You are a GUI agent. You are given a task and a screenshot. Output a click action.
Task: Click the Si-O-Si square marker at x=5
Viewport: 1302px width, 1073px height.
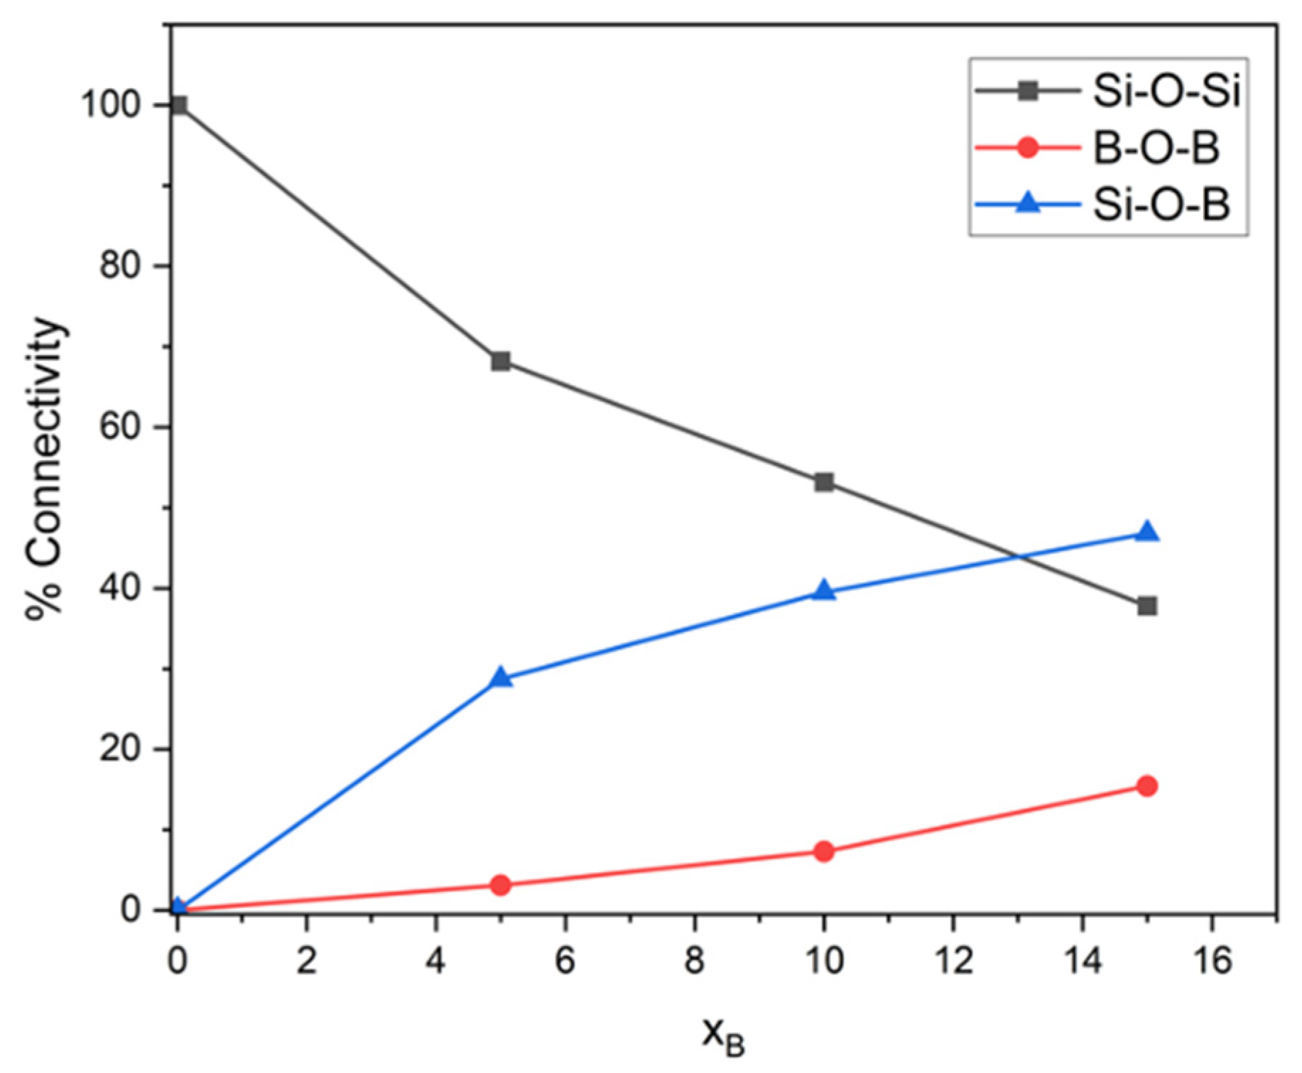pos(501,361)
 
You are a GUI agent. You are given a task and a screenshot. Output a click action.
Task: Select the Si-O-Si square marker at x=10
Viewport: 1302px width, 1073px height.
pos(824,483)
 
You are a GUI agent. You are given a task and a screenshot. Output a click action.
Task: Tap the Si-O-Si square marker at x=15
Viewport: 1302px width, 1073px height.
pos(1146,606)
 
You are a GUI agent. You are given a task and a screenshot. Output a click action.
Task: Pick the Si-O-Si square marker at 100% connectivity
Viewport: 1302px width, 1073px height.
pos(178,105)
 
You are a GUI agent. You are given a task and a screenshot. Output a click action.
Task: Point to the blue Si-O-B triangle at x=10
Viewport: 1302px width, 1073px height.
pos(824,591)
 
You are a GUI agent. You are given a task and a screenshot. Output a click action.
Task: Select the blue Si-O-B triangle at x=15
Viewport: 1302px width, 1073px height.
pos(1146,533)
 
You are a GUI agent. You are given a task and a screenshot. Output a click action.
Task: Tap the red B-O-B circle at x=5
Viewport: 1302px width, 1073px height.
pos(501,885)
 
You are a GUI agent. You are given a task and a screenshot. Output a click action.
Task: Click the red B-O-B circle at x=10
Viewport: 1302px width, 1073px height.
pos(824,851)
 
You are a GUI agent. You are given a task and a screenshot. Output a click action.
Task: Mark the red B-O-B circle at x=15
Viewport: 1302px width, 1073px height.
pos(1146,785)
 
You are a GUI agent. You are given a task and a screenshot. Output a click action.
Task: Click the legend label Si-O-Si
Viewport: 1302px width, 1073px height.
pos(1166,92)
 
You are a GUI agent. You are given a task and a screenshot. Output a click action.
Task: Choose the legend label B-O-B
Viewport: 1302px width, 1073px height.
pos(1155,148)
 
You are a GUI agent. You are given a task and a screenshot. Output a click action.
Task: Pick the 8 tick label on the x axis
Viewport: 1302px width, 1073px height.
pos(694,962)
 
